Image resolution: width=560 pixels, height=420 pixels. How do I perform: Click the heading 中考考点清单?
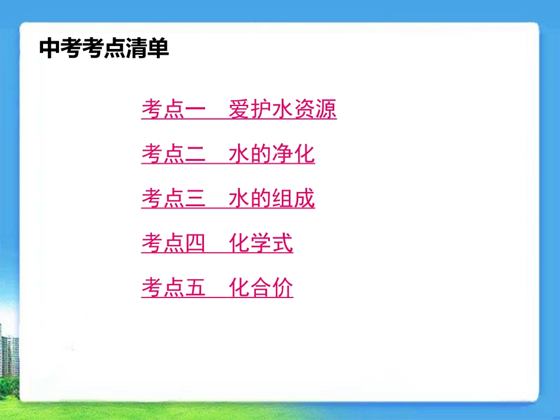(x=104, y=48)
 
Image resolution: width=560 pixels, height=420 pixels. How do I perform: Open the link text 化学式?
(x=261, y=243)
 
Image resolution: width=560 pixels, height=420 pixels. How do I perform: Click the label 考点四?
(x=173, y=243)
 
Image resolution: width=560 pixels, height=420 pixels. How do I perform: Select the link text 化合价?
(x=261, y=288)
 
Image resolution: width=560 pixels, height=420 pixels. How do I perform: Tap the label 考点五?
(x=173, y=288)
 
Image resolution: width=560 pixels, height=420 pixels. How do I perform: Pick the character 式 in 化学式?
(x=282, y=243)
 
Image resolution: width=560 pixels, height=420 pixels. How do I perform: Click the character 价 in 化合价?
(x=282, y=288)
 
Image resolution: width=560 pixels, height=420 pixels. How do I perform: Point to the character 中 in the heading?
(x=50, y=48)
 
